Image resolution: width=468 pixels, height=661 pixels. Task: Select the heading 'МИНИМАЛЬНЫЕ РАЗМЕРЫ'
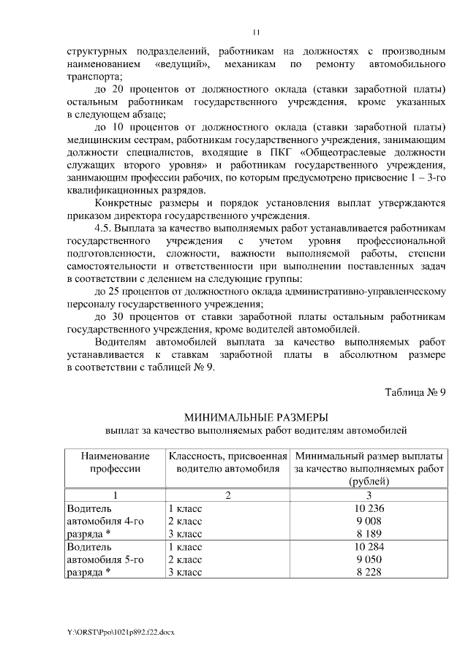pyautogui.click(x=255, y=418)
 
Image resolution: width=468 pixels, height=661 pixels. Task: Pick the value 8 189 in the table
pyautogui.click(x=369, y=534)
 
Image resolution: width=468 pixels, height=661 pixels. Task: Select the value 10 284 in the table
pyautogui.click(x=369, y=547)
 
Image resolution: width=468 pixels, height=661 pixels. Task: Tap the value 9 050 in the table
pyautogui.click(x=369, y=559)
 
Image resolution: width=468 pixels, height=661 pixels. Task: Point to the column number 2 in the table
pyautogui.click(x=227, y=495)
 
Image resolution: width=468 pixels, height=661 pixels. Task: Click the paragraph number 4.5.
pyautogui.click(x=107, y=227)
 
